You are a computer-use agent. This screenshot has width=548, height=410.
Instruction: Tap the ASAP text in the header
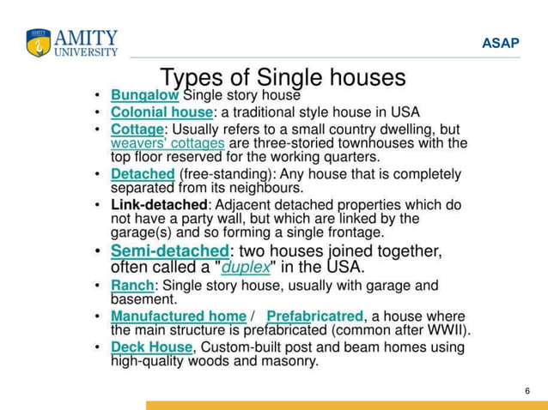click(500, 43)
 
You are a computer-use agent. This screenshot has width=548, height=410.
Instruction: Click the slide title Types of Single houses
click(283, 78)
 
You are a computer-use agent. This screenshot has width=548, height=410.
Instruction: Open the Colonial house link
click(161, 112)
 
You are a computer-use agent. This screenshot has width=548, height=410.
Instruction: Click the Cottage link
click(137, 130)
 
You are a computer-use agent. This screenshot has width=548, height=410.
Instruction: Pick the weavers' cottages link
click(168, 143)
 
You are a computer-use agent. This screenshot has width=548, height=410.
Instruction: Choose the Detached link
click(143, 174)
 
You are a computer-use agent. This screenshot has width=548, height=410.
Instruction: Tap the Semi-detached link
click(169, 251)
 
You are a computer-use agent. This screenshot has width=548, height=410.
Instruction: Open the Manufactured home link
click(178, 317)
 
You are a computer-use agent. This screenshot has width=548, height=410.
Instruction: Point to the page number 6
click(527, 391)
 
